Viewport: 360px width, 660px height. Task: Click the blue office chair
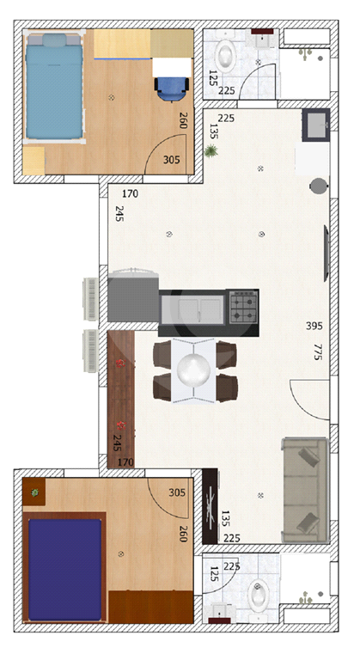(x=171, y=89)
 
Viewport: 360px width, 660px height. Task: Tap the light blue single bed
(x=54, y=86)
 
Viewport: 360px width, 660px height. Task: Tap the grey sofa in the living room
(x=305, y=491)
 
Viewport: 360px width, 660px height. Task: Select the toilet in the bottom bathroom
(x=259, y=599)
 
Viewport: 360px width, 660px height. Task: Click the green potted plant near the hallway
(x=211, y=150)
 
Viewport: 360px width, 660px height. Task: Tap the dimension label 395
(x=314, y=326)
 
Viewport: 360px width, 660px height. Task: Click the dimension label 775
(x=318, y=351)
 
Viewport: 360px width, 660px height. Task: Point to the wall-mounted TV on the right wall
(x=326, y=254)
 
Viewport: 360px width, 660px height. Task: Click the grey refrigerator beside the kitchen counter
(x=133, y=297)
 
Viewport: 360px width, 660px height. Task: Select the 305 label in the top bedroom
(x=171, y=160)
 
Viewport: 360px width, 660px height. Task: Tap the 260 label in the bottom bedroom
(x=183, y=534)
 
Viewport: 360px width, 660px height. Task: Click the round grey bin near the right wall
(x=318, y=186)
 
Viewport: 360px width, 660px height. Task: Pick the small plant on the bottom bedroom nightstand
(x=35, y=492)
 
